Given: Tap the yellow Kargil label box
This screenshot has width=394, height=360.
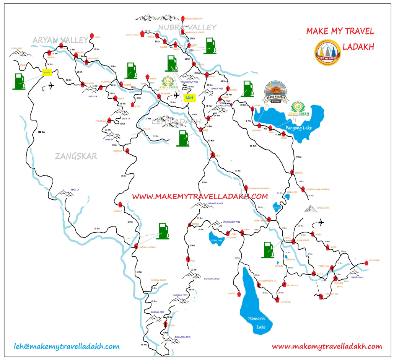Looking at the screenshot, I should pos(47,72).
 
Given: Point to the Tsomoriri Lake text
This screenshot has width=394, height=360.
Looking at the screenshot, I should pos(256,322).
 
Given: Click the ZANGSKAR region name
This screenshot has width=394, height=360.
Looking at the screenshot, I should pos(76,156).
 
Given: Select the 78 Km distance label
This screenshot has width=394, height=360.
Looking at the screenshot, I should pos(97,229).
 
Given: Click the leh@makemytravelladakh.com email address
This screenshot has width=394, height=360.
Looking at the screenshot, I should pos(67,347).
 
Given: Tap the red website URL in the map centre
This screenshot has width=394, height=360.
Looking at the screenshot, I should pos(199,196).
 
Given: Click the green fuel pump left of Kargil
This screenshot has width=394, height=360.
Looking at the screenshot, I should pos(18,81).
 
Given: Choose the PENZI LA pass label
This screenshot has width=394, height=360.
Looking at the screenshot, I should pos(75,190).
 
